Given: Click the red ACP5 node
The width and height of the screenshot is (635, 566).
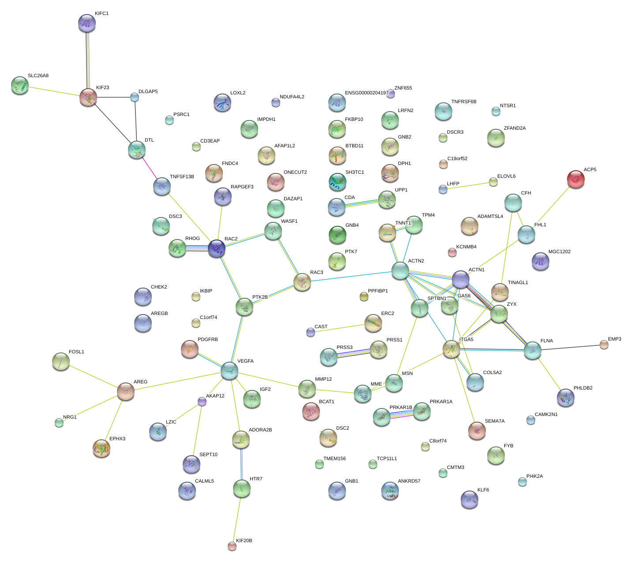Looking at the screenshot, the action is point(575,179).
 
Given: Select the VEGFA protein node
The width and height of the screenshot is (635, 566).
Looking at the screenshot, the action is point(229,370).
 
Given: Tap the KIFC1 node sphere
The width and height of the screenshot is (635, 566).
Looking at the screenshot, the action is point(87,23).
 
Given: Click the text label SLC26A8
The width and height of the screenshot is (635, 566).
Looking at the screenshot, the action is point(38,76).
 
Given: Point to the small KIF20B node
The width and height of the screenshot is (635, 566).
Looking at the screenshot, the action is point(232,546).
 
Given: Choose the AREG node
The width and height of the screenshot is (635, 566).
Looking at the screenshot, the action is point(126,391).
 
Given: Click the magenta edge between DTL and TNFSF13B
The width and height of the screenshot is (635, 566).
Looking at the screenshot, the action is point(149,168).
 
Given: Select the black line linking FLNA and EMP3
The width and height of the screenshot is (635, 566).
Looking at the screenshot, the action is point(569,347).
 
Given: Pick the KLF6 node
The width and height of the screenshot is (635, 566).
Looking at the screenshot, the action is point(469,499).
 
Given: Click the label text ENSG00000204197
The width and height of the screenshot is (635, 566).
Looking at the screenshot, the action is point(366,93).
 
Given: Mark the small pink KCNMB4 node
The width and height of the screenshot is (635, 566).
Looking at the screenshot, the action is point(452,252).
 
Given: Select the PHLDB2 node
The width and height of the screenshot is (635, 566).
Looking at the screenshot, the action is point(565,397).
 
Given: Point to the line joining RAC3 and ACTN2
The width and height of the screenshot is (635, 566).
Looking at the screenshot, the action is point(351,276).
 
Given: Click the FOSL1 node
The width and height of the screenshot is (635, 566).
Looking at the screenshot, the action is point(61,361).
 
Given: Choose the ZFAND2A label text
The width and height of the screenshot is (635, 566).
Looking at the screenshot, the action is point(515,128).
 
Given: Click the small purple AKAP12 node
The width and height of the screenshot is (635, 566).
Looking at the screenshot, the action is point(202,401).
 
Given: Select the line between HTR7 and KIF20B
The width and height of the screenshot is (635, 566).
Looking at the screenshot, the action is point(237,517).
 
